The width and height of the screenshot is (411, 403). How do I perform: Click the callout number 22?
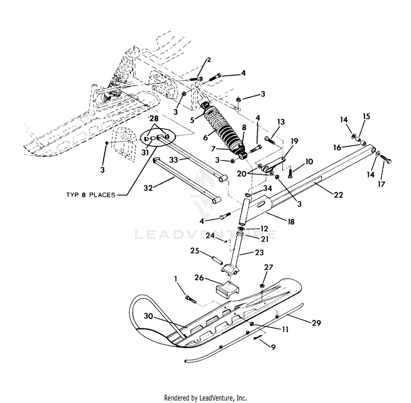[339, 195]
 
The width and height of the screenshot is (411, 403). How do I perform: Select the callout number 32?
[148, 188]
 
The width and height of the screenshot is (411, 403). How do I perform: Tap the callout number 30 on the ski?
[149, 316]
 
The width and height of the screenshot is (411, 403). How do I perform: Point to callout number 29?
[316, 323]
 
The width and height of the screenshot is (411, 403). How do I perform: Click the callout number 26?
[199, 277]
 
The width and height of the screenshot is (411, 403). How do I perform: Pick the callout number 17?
[381, 184]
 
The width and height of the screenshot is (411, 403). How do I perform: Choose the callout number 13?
[281, 122]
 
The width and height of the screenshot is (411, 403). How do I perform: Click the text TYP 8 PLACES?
[90, 195]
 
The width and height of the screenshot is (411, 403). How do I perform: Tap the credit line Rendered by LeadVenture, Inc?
[206, 398]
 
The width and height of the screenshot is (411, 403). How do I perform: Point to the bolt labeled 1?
[191, 299]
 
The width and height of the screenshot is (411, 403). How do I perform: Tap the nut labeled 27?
[262, 285]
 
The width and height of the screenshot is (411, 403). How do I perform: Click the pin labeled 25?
[217, 261]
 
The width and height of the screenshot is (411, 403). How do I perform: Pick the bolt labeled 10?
[290, 173]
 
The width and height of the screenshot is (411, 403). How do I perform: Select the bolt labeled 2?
[196, 78]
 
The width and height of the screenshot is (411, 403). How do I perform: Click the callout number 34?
[267, 188]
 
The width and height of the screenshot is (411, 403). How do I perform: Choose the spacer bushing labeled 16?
[363, 144]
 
